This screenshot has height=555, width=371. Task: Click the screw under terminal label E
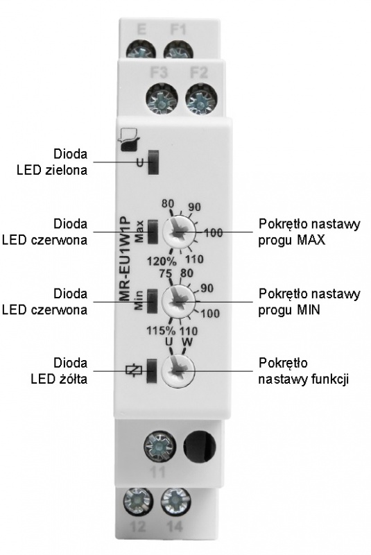pos(141,49)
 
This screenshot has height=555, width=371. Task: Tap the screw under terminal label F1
pos(178,49)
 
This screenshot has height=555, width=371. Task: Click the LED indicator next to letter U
pos(153,162)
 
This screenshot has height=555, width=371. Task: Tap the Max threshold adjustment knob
pos(179,232)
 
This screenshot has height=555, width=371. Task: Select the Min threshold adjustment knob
pos(178,302)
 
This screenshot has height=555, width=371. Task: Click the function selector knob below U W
pos(178,370)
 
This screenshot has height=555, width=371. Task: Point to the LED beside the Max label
pos(153,232)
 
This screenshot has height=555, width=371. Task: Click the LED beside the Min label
pos(153,301)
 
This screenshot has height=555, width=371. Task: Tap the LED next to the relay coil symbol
pos(152,370)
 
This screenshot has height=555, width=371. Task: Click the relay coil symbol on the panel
pos(134,370)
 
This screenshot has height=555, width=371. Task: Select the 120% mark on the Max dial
pos(162,262)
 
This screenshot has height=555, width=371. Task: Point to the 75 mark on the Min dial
pos(166,274)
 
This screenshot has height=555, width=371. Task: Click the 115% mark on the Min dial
pos(162,331)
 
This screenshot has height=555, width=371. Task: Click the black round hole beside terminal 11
pos(199,446)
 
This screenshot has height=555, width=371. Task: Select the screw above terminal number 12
pos(138,502)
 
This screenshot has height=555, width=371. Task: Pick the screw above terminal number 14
pos(175,502)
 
